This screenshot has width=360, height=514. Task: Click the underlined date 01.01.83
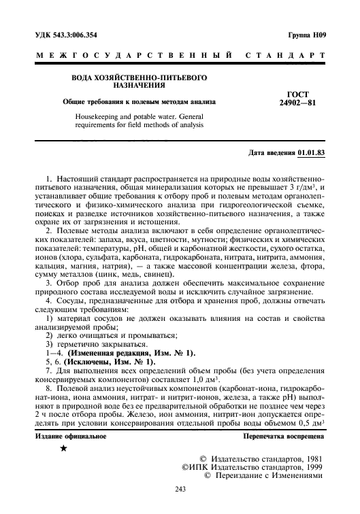tap(310, 154)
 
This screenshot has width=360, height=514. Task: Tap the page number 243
tap(180, 489)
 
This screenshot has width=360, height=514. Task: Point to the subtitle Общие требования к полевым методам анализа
tap(139, 102)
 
